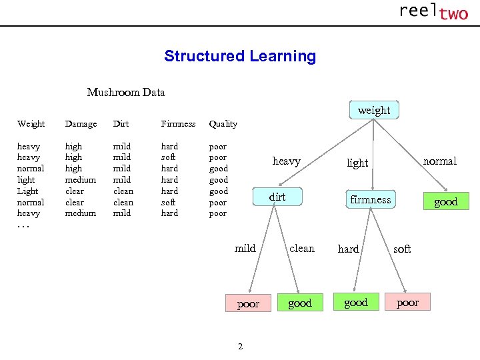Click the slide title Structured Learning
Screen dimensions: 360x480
240,56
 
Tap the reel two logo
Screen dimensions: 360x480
433,12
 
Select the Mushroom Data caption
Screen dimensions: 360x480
126,92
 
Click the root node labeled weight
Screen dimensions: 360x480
373,110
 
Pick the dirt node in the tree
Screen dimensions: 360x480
277,197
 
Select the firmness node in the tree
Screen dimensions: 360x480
371,199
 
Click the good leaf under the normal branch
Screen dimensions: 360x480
445,202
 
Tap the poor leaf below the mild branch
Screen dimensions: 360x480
248,303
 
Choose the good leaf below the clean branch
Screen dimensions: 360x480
299,303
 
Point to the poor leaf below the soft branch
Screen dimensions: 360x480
407,302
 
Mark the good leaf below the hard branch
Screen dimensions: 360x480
355,302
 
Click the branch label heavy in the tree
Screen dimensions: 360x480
286,161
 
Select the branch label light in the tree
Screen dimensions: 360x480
357,163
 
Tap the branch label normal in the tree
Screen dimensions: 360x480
440,161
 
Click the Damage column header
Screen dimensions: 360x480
81,124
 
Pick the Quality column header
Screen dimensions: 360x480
223,124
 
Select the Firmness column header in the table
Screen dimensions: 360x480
178,124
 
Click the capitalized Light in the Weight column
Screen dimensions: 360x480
29,191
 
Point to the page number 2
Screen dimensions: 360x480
240,345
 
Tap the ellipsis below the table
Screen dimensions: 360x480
23,225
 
